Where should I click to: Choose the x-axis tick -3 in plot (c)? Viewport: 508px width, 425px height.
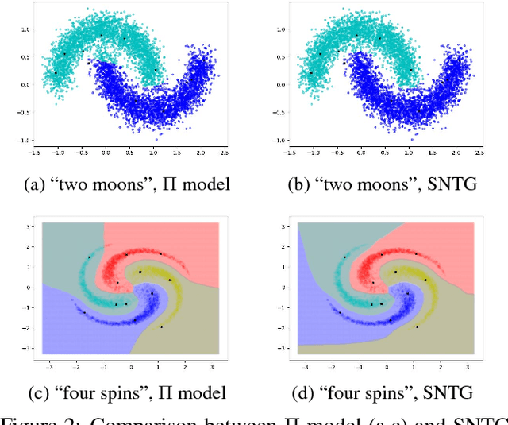50,368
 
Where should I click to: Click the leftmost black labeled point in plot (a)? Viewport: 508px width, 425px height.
55,73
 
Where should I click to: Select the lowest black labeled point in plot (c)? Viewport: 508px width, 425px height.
161,326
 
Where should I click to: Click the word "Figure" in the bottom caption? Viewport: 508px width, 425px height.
33,418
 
